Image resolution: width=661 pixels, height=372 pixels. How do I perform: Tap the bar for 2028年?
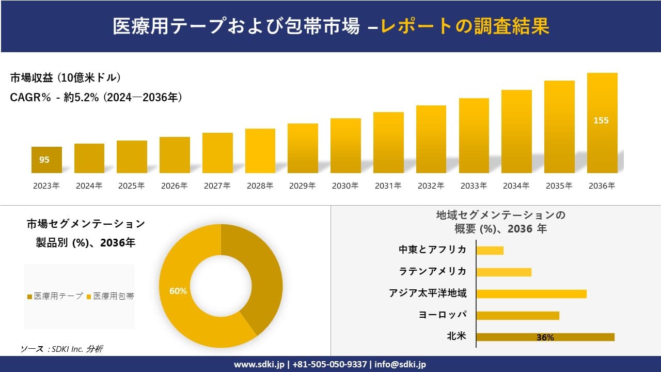pyautogui.click(x=260, y=151)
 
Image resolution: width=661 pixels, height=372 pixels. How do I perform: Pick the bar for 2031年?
pyautogui.click(x=388, y=143)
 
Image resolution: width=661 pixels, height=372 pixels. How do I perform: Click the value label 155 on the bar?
pyautogui.click(x=601, y=120)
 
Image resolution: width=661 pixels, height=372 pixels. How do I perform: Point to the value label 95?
pyautogui.click(x=44, y=160)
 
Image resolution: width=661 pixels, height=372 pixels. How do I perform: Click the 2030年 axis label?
pyautogui.click(x=345, y=186)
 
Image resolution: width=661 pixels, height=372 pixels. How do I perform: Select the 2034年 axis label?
pyautogui.click(x=516, y=186)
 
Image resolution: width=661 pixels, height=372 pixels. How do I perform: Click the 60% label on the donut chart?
pyautogui.click(x=178, y=291)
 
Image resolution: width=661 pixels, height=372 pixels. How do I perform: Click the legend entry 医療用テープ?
pyautogui.click(x=55, y=296)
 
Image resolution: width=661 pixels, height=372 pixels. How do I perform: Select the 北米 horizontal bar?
pyautogui.click(x=545, y=337)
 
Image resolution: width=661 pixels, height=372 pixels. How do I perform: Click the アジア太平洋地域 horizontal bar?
pyautogui.click(x=531, y=293)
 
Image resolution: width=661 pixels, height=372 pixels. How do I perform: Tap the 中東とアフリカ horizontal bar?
pyautogui.click(x=490, y=250)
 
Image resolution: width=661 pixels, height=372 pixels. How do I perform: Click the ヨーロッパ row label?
pyautogui.click(x=443, y=315)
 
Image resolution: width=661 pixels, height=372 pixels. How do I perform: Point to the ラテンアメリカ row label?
pyautogui.click(x=433, y=271)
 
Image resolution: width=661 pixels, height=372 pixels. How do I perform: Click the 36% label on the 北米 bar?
pyautogui.click(x=545, y=337)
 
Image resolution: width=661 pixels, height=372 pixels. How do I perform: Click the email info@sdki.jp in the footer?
pyautogui.click(x=401, y=364)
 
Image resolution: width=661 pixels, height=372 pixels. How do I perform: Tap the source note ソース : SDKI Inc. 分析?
pyautogui.click(x=61, y=349)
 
